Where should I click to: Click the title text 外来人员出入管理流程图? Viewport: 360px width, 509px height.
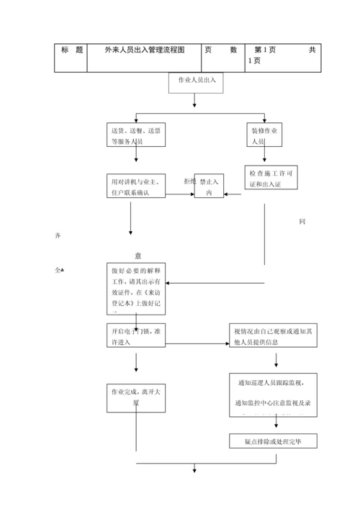[145, 50]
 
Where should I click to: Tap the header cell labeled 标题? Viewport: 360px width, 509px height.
[71, 50]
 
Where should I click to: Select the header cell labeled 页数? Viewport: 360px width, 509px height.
[220, 50]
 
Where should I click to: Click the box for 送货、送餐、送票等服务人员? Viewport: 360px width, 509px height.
[137, 136]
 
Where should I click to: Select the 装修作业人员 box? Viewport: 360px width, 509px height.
[265, 136]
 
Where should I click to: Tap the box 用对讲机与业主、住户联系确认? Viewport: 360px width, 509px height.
[137, 186]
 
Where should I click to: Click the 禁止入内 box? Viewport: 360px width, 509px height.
[210, 188]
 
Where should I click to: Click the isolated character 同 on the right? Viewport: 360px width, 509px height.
[302, 221]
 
